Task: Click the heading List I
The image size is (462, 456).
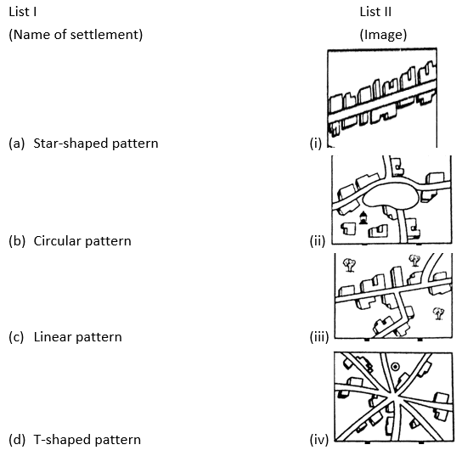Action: coord(23,12)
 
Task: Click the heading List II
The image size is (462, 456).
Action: coord(375,12)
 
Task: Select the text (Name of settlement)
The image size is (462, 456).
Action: coord(76,35)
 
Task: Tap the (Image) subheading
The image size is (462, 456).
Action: coord(383,35)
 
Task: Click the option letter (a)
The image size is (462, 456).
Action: coord(16,144)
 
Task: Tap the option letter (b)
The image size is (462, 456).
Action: coord(17,241)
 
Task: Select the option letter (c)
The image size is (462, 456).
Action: coord(16,337)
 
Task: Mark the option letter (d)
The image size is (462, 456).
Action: coord(17,440)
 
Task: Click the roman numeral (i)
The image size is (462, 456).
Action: coord(316,144)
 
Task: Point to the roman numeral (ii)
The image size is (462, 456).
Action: coord(318,241)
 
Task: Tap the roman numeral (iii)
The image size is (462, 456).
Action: coord(319,337)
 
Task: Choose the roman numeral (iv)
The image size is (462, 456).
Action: coord(319,440)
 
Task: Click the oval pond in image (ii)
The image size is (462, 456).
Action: coord(390,196)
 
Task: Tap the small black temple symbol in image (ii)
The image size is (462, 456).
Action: coord(363,217)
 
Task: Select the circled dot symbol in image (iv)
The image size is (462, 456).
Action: coord(395,367)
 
